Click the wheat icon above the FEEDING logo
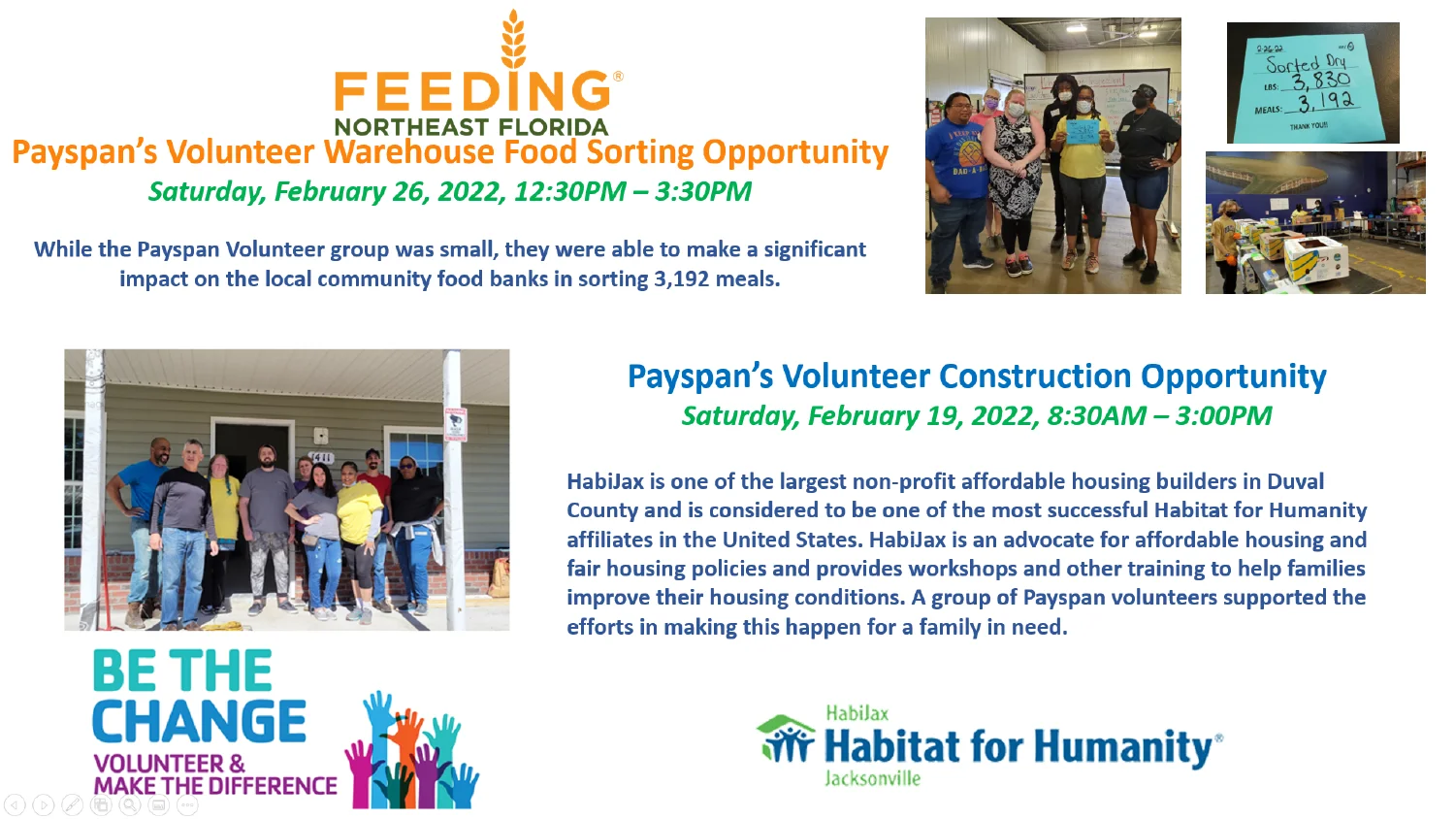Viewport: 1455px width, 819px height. click(513, 39)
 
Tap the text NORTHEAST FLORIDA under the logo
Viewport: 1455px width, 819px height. click(471, 127)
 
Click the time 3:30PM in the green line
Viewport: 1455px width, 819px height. click(703, 191)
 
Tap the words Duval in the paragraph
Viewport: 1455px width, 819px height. click(1295, 481)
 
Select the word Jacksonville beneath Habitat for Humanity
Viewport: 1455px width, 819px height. click(872, 778)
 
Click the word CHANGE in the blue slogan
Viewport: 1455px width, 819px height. click(200, 721)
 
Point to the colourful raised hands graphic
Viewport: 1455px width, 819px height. click(411, 753)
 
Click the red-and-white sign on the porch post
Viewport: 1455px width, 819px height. click(455, 424)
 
